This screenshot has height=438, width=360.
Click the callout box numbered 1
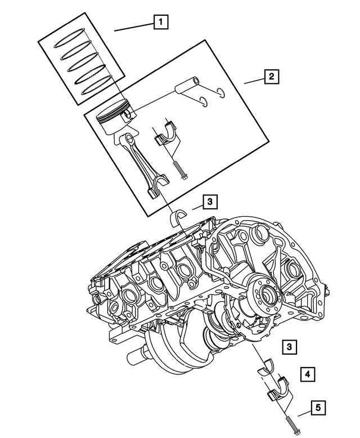161,23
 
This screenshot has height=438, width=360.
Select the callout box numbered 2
271,77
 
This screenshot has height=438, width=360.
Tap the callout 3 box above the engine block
209,201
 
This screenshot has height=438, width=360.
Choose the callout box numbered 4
307,373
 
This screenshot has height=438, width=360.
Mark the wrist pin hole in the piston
130,115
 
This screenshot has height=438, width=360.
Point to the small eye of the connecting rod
129,139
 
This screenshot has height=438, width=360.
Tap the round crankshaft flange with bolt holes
263,294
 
